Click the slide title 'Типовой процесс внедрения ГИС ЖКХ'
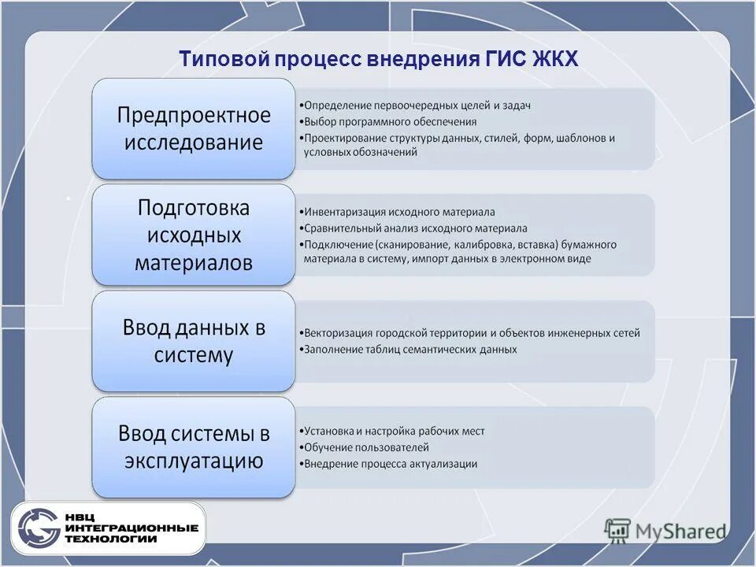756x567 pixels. click(378, 59)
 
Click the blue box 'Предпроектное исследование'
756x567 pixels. click(194, 129)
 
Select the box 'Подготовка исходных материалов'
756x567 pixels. click(194, 235)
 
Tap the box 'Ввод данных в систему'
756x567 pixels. click(194, 341)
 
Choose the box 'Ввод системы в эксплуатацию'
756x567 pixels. click(194, 447)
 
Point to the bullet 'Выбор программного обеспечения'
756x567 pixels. click(390, 121)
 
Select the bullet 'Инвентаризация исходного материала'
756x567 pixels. click(399, 212)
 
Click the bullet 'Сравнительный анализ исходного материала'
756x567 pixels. click(415, 228)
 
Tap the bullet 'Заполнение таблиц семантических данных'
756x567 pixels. click(410, 349)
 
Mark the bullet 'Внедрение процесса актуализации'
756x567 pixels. click(390, 464)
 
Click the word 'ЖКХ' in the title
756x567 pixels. click(555, 59)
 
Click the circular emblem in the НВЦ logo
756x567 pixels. click(39, 528)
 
